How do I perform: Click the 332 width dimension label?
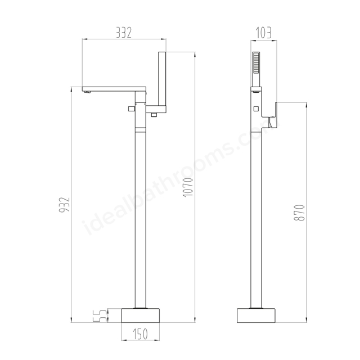pyautogui.click(x=124, y=33)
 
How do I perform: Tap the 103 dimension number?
pyautogui.click(x=263, y=33)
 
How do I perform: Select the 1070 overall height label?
pyautogui.click(x=188, y=187)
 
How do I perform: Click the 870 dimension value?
pyautogui.click(x=299, y=213)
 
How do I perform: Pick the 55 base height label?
pyautogui.click(x=100, y=316)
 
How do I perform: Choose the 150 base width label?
pyautogui.click(x=140, y=334)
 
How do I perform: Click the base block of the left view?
pyautogui.click(x=140, y=315)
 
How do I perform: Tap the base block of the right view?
pyautogui.click(x=256, y=315)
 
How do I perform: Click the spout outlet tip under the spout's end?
pyautogui.click(x=87, y=92)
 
